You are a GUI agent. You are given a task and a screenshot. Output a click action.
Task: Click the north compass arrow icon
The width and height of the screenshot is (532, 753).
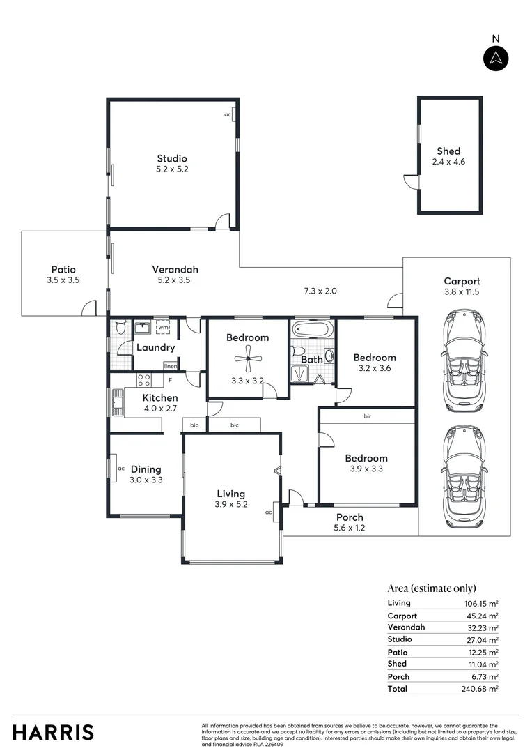tap(496, 58)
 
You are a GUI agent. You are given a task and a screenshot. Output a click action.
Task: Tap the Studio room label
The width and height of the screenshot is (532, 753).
tap(171, 158)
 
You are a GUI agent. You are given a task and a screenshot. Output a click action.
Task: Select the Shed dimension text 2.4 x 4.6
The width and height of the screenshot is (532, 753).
tap(448, 162)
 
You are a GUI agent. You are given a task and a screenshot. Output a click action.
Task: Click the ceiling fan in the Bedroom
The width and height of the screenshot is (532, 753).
tap(247, 360)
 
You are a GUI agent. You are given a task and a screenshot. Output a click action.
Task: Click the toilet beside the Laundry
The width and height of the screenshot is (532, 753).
tap(120, 326)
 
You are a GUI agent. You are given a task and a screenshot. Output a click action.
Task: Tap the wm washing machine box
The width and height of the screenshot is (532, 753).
tap(163, 327)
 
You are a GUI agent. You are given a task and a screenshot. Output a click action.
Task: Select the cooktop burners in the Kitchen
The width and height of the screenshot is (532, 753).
tap(144, 380)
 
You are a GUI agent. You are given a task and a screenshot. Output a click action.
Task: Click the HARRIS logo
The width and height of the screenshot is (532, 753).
tap(53, 732)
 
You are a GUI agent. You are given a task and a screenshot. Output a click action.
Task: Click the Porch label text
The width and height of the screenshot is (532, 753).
tap(350, 517)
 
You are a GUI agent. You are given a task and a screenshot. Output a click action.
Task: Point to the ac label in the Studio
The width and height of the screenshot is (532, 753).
tap(228, 114)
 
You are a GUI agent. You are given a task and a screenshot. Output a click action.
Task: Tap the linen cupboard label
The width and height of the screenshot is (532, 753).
tap(170, 365)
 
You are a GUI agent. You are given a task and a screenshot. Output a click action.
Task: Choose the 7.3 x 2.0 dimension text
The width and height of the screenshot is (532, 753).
tap(320, 291)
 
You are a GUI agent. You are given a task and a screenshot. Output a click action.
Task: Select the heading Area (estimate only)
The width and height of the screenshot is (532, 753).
tap(432, 588)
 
